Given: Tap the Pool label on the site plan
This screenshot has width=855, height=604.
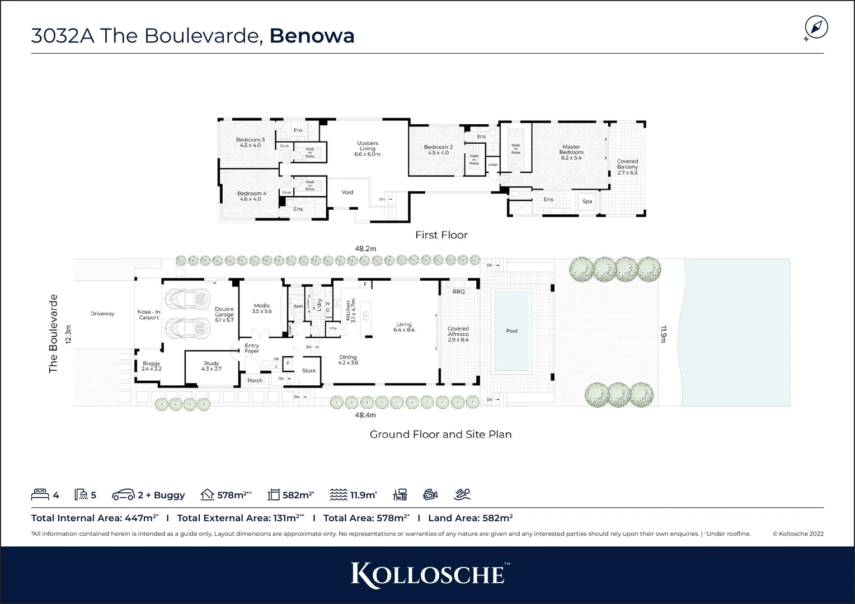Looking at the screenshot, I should click(x=511, y=331).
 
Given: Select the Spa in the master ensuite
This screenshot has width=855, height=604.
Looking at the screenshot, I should click(x=587, y=201).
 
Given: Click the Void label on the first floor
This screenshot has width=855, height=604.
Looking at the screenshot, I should click(x=347, y=192).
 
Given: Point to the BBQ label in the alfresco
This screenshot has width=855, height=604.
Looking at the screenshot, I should click(x=458, y=291).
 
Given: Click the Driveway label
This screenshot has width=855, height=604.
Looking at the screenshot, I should click(x=102, y=314).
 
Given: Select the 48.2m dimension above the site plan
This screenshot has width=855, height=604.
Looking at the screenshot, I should click(x=365, y=248).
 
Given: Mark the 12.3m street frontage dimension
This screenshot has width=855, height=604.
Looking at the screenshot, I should click(x=69, y=334).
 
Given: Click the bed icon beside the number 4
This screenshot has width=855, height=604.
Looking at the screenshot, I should click(x=40, y=494).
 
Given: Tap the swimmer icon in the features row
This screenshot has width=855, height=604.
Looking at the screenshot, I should click(x=462, y=494).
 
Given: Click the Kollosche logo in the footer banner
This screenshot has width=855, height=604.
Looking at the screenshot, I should click(x=427, y=575).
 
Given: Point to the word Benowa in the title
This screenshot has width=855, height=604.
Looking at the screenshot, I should click(x=312, y=36).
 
